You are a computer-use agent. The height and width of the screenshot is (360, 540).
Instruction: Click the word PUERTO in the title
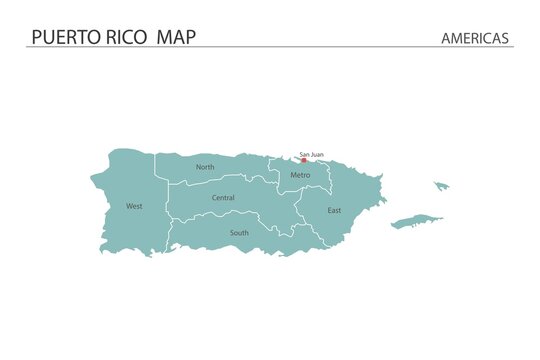pos(63,37)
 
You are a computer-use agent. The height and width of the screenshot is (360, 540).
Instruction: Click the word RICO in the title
pos(125,37)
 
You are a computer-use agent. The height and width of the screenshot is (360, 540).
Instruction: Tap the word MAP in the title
pos(176,37)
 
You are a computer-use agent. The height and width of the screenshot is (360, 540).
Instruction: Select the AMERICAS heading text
pos(475,38)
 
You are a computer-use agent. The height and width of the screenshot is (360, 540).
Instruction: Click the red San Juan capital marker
pos(304,160)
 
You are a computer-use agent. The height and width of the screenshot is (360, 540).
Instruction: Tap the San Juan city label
pos(311,154)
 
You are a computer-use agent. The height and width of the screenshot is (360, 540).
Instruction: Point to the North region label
pos(205,167)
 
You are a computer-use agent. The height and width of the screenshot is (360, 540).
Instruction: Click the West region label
pos(134,206)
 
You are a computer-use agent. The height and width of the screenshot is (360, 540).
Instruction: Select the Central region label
pos(223,198)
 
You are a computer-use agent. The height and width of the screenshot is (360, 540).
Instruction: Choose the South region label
pos(239,232)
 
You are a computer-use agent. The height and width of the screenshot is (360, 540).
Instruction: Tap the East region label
pos(334,210)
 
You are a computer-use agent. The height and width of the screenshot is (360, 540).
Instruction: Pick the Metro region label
pos(300,175)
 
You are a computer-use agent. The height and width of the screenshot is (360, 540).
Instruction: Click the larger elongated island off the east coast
pos(415,221)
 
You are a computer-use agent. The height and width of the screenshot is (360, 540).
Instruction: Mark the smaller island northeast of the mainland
pos(440,185)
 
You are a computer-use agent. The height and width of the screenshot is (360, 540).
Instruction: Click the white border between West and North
pos(155,170)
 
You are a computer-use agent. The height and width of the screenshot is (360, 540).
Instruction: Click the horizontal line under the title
pos(270,47)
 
